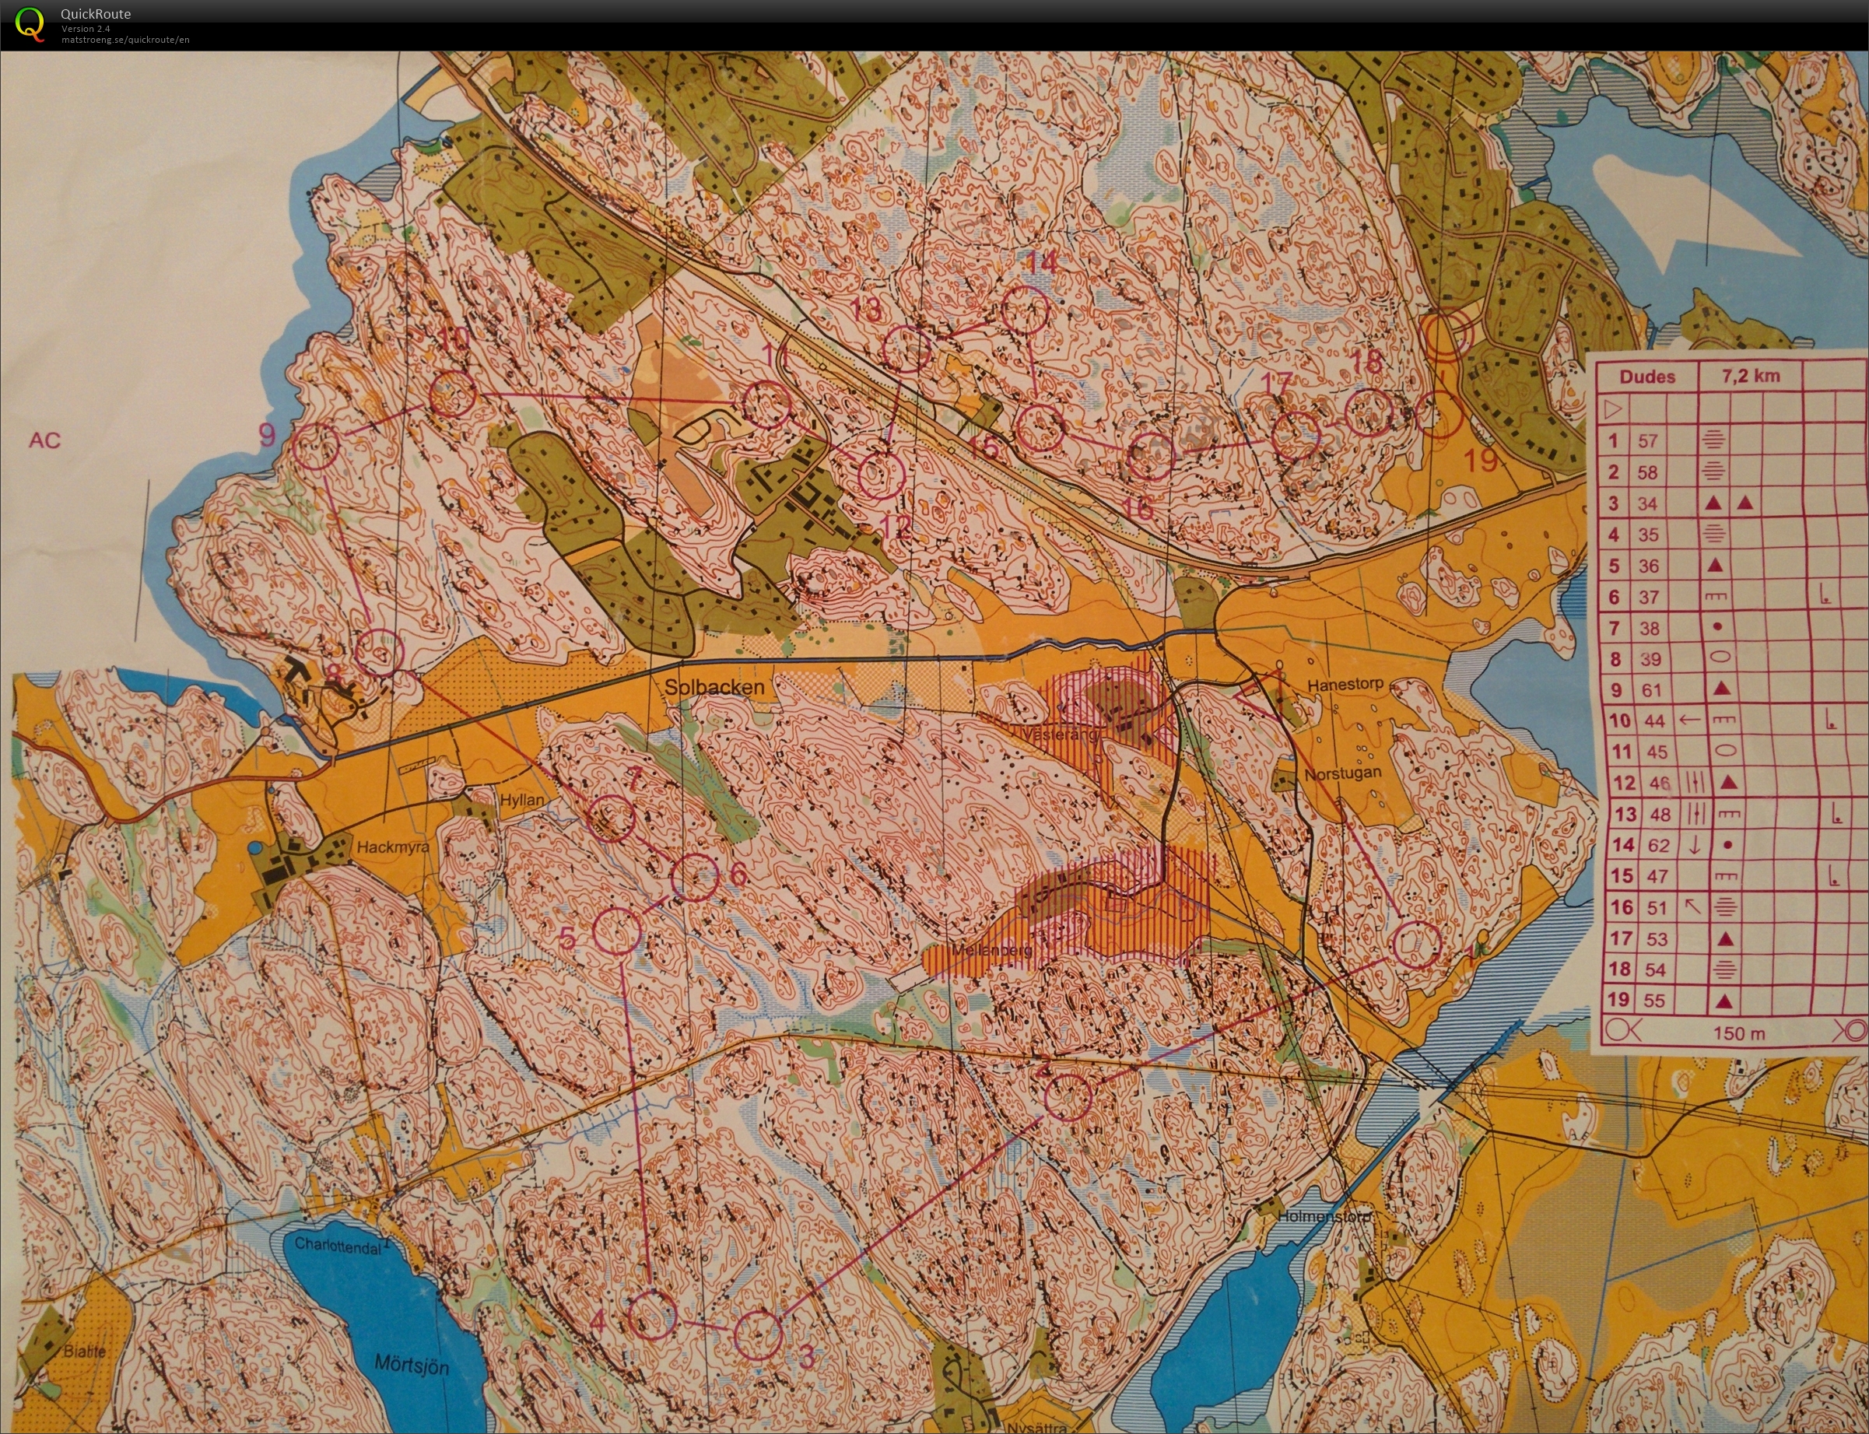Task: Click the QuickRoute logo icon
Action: pyautogui.click(x=30, y=24)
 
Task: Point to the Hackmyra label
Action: pyautogui.click(x=393, y=847)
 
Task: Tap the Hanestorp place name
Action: pyautogui.click(x=1345, y=685)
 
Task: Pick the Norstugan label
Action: pyautogui.click(x=1341, y=774)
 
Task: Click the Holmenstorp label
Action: pyautogui.click(x=1324, y=1216)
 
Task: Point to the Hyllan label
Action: pyautogui.click(x=521, y=800)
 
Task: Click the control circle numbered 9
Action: pyautogui.click(x=316, y=446)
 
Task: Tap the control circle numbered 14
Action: pyautogui.click(x=1023, y=310)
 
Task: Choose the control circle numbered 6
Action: pyautogui.click(x=695, y=877)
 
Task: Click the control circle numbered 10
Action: pyautogui.click(x=451, y=394)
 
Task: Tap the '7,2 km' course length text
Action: pyautogui.click(x=1751, y=377)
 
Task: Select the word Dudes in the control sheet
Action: pyautogui.click(x=1646, y=377)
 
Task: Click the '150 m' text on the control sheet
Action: pyautogui.click(x=1738, y=1033)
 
